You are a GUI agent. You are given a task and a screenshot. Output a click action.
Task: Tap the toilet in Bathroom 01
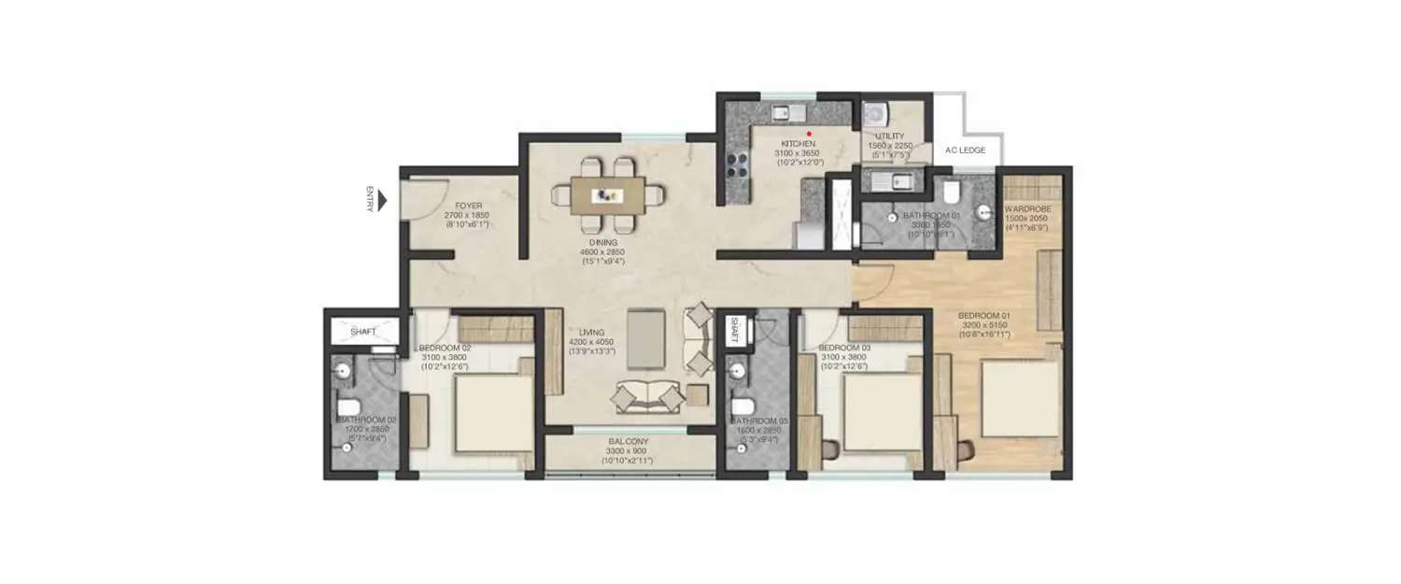tap(951, 193)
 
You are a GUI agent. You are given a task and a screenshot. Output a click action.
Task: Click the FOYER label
tap(467, 207)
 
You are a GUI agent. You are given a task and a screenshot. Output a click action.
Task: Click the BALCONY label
tap(628, 441)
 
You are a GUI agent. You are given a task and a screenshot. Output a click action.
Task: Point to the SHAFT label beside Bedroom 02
tap(362, 332)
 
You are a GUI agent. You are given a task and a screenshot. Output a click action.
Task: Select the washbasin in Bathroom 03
tap(739, 371)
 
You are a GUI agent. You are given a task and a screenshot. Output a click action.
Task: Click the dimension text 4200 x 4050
tap(591, 342)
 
